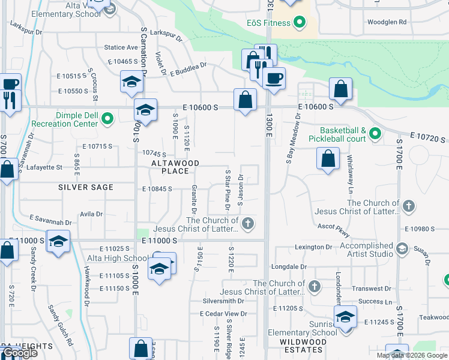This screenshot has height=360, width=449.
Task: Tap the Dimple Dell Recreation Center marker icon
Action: (x=107, y=119)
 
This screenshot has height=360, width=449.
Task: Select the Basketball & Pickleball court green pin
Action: (x=375, y=133)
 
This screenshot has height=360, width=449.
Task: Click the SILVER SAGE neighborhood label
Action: (x=86, y=187)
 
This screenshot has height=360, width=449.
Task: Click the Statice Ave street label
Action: (x=121, y=47)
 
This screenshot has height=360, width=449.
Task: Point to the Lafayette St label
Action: (x=45, y=167)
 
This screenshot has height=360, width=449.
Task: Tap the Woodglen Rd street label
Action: (x=387, y=22)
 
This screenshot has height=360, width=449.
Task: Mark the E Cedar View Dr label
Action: (x=223, y=314)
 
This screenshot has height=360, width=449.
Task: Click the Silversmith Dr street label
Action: (x=223, y=301)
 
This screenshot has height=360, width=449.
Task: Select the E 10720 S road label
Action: (x=428, y=139)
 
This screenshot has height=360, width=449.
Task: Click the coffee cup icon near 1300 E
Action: (x=274, y=78)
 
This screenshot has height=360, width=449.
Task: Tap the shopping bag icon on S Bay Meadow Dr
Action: (x=327, y=159)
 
